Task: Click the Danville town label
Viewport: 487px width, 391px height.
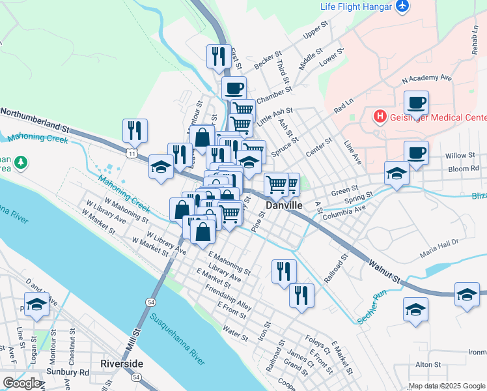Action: coord(285,205)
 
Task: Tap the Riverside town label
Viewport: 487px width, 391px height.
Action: coord(122,362)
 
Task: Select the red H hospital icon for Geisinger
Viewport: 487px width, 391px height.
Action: coord(380,117)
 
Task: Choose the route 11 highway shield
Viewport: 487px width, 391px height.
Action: coord(132,154)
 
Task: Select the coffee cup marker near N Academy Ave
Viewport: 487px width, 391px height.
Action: coord(416,103)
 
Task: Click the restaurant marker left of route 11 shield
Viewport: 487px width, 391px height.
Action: coord(135,131)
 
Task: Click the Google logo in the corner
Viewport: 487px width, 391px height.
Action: coord(21,383)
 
